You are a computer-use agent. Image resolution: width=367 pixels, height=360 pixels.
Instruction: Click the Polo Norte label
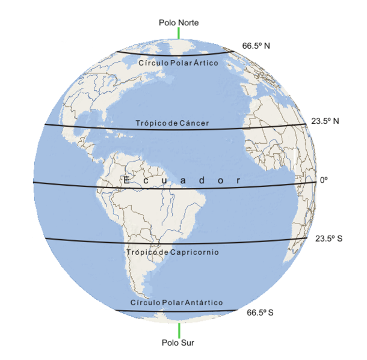tap(179, 23)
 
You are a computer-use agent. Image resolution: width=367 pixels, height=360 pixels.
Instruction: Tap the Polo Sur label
tap(179, 343)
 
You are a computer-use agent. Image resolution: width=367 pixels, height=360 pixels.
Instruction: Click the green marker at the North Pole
tap(179, 33)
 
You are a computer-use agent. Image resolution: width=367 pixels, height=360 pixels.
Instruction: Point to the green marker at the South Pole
tap(179, 330)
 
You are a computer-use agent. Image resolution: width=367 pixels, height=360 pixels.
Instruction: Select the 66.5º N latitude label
tap(256, 46)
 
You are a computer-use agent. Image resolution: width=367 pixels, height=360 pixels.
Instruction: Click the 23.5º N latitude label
tap(325, 121)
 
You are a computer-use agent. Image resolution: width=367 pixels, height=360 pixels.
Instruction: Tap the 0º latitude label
tap(324, 180)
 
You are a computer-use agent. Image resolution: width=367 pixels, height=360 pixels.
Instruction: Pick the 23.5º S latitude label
tap(328, 239)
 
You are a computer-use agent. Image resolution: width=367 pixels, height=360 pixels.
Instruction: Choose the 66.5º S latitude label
tap(260, 313)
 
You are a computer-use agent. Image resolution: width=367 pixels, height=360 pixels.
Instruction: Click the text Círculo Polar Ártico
tap(178, 63)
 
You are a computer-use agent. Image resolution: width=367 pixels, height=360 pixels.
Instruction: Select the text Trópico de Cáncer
tap(172, 124)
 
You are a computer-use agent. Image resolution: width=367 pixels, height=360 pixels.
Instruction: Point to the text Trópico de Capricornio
tap(172, 252)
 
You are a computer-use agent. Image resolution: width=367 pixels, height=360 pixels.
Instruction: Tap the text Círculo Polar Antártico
tap(176, 302)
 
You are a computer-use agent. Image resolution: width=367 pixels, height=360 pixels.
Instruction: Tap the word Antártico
tap(203, 302)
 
